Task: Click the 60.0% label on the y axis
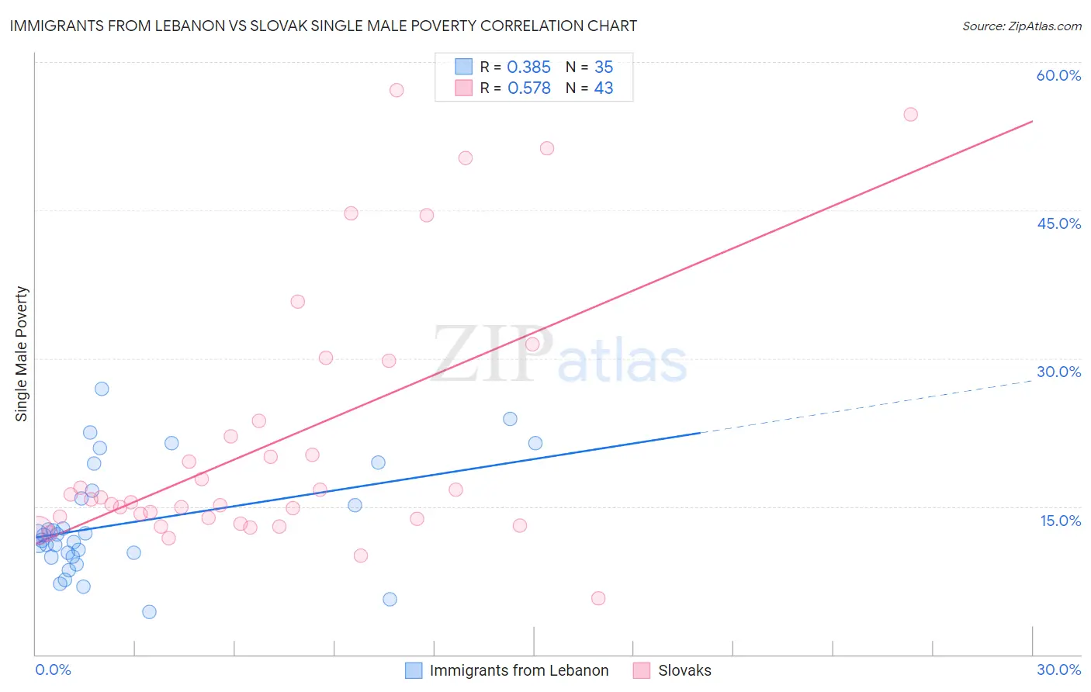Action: coord(1058,75)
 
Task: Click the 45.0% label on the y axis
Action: coord(1058,223)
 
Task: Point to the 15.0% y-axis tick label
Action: coord(1060,521)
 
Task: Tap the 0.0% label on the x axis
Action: coord(53,670)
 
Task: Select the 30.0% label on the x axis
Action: coord(1058,670)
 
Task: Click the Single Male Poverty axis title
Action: coord(22,354)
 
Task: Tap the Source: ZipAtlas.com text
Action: coord(1021,26)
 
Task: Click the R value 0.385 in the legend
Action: coord(528,67)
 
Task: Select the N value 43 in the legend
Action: coord(603,88)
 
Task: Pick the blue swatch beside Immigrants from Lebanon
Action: coord(414,670)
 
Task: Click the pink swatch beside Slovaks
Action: coord(642,670)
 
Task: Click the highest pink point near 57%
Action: coord(397,90)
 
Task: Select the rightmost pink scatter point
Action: coord(910,115)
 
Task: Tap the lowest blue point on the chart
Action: coord(150,612)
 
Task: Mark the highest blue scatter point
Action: coord(102,389)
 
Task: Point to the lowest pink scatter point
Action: coord(598,598)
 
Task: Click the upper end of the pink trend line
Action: coord(1032,121)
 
